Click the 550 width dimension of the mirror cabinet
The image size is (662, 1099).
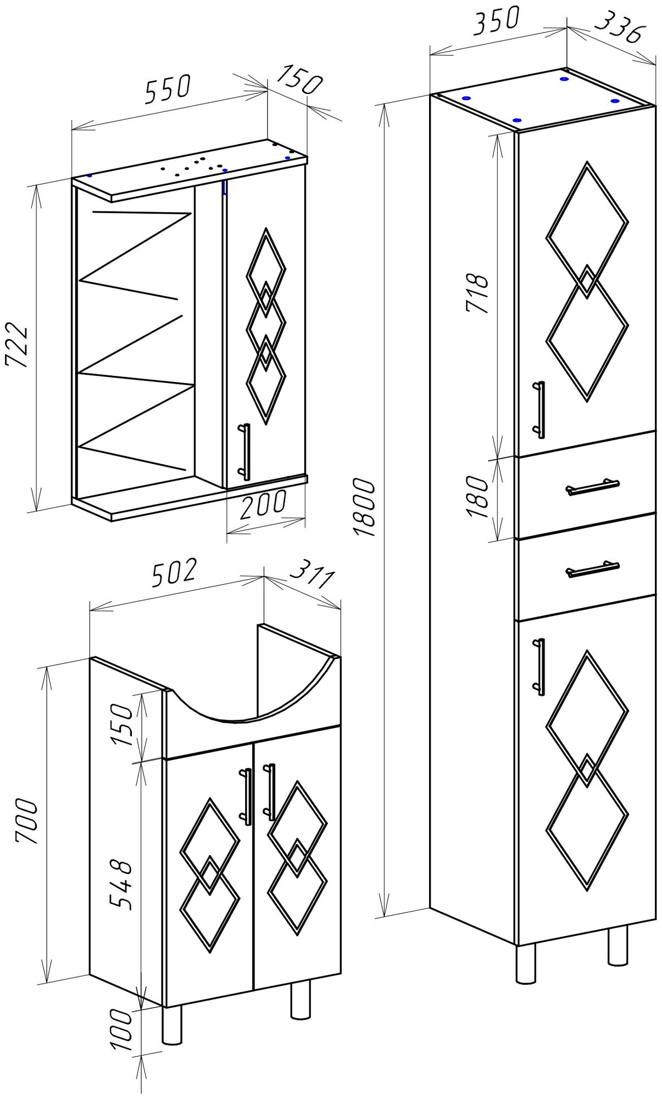click(x=168, y=89)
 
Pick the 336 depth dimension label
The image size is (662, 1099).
click(x=618, y=30)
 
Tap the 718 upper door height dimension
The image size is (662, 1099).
click(x=477, y=293)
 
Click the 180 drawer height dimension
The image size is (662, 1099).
click(x=477, y=497)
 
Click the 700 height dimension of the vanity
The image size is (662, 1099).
click(x=26, y=823)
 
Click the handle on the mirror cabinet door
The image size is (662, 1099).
click(x=246, y=452)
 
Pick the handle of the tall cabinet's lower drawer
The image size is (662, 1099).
click(x=592, y=569)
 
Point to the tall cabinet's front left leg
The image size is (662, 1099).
click(x=526, y=963)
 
